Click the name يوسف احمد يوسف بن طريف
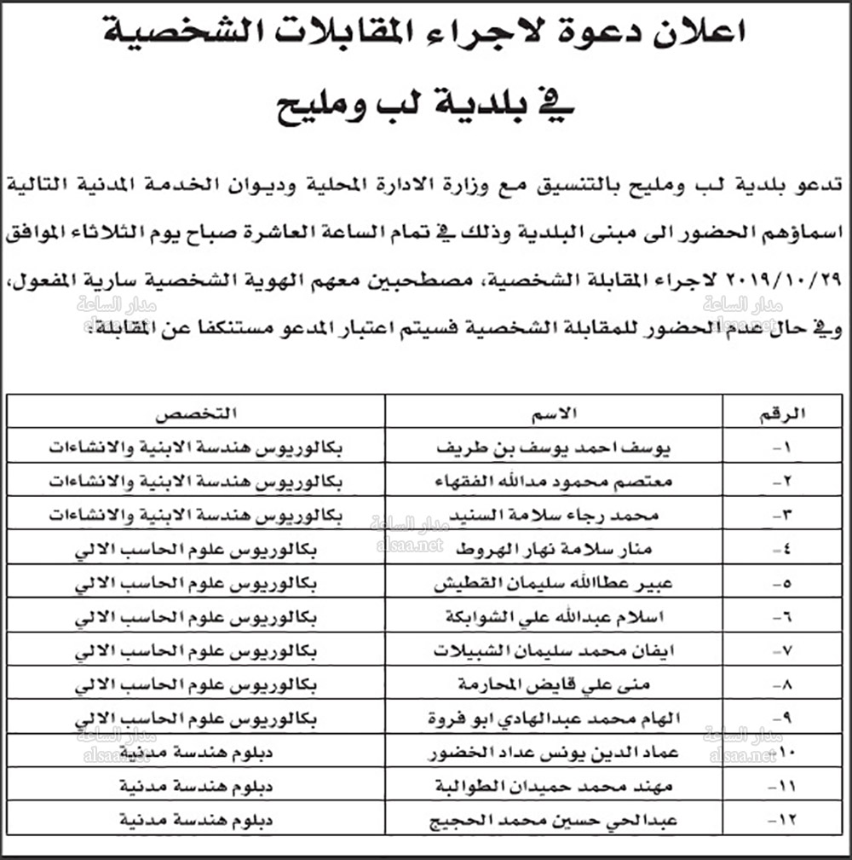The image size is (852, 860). (x=554, y=447)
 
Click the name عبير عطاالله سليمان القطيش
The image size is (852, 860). (x=555, y=585)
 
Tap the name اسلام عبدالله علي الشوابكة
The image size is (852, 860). (x=555, y=617)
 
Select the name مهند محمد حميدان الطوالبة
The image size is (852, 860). (x=555, y=788)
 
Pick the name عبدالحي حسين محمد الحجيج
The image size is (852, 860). (x=555, y=822)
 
